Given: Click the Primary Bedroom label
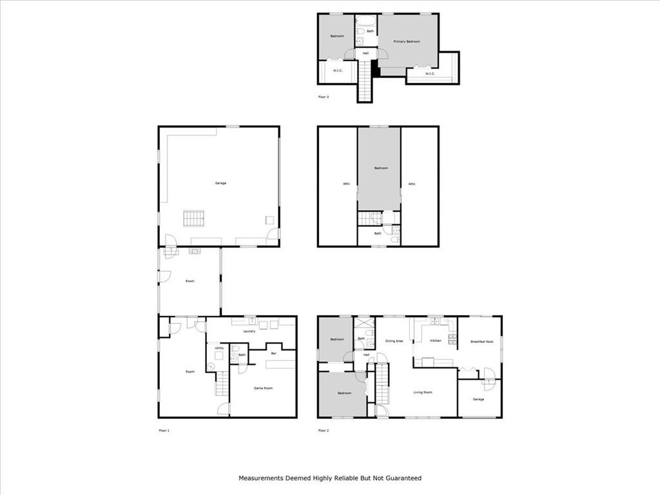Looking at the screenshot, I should click(407, 41).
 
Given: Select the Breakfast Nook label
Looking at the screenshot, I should click(481, 342).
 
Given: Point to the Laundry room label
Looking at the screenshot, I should click(249, 331).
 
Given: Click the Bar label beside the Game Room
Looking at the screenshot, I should click(273, 354).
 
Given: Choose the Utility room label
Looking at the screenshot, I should click(219, 348).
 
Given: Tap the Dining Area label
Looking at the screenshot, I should click(394, 340).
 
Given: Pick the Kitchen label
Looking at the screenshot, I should click(436, 340).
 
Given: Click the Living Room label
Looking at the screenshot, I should click(423, 392).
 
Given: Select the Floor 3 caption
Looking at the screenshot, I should click(324, 97).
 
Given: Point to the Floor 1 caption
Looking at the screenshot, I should click(164, 430).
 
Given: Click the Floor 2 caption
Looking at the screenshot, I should click(324, 430).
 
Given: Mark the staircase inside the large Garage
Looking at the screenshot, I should click(193, 218).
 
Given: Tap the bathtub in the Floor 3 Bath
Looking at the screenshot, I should click(366, 19).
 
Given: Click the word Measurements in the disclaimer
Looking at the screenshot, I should click(261, 478).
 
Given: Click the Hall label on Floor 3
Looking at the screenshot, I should click(365, 53).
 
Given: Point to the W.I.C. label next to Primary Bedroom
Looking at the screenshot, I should click(431, 73).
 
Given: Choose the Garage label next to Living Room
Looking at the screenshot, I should click(478, 399).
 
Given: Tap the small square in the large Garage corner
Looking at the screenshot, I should click(269, 220).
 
